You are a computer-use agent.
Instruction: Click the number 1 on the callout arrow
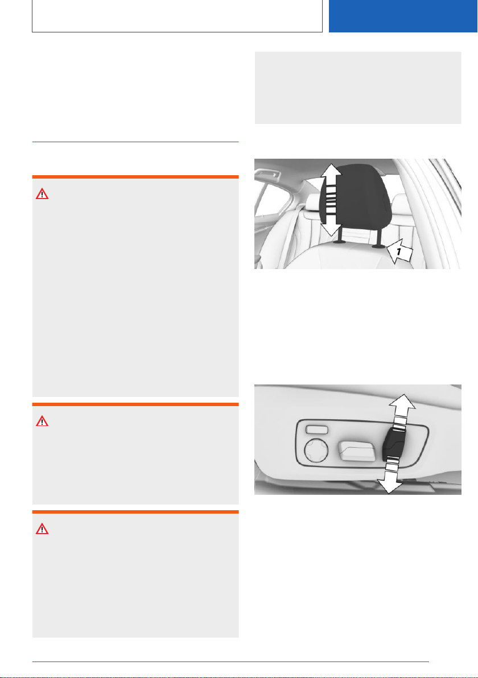point(399,251)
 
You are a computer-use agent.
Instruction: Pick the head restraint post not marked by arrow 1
point(340,237)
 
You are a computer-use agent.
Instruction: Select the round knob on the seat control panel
point(316,450)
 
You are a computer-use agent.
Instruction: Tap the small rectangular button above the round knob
point(316,429)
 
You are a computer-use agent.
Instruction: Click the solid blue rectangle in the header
point(403,16)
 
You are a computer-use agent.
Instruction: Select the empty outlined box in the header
point(178,16)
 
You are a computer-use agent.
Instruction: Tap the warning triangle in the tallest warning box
point(42,194)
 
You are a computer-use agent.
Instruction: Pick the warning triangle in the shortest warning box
point(42,421)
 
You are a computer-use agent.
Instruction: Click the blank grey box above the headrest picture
point(358,88)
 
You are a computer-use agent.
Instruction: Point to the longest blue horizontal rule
point(230,662)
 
